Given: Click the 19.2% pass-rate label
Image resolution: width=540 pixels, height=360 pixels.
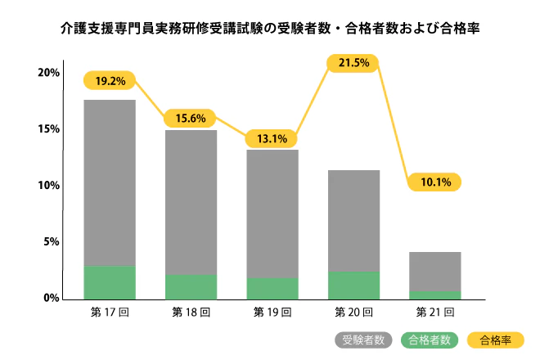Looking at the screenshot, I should coord(109,81).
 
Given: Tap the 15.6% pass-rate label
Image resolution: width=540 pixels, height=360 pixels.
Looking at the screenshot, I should coord(191,119).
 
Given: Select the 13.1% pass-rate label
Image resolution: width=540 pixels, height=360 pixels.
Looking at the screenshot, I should coord(272,138).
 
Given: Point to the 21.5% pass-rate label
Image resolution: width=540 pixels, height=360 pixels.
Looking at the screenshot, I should coord(353,62).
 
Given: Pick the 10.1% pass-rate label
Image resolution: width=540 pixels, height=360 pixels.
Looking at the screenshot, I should coord(434,182).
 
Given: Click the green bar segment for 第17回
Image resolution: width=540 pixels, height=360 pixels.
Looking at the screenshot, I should coord(110,281).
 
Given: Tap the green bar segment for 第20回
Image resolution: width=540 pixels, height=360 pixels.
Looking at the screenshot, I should coord(353,285).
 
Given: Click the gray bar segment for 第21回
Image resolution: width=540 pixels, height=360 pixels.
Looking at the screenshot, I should coord(434,271).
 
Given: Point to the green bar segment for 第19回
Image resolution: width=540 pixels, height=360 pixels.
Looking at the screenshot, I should coord(272,288).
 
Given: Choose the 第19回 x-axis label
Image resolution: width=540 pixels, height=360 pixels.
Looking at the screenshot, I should coord(272,312).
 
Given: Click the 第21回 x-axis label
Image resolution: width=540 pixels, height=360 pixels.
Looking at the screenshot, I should coord(434,312).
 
